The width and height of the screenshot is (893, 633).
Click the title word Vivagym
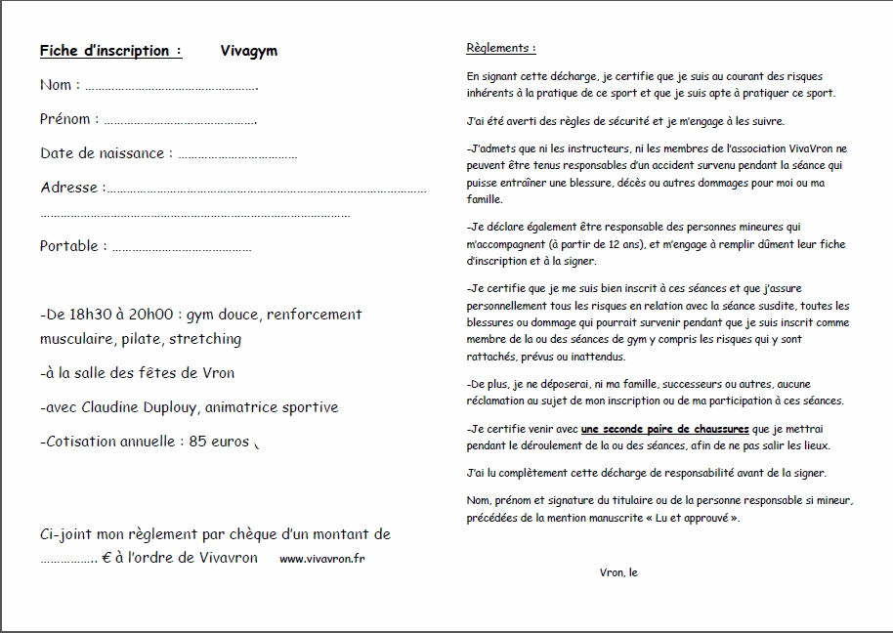(249, 51)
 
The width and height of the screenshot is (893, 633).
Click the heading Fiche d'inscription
(110, 51)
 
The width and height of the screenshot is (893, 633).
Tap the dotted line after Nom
(171, 87)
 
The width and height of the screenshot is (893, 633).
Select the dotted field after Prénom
(180, 121)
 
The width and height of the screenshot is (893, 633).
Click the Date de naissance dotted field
(238, 154)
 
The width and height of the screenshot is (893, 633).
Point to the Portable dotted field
(182, 248)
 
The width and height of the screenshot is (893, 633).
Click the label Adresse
(69, 188)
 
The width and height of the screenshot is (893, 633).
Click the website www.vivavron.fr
(322, 559)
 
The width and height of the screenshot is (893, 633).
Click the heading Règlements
(501, 48)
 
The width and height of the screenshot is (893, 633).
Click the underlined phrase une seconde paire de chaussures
(664, 429)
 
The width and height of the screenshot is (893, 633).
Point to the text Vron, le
(618, 572)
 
